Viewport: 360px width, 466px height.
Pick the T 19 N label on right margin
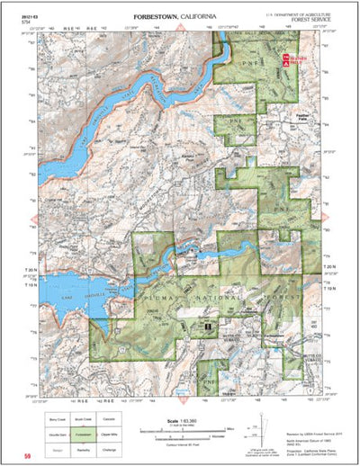329,280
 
